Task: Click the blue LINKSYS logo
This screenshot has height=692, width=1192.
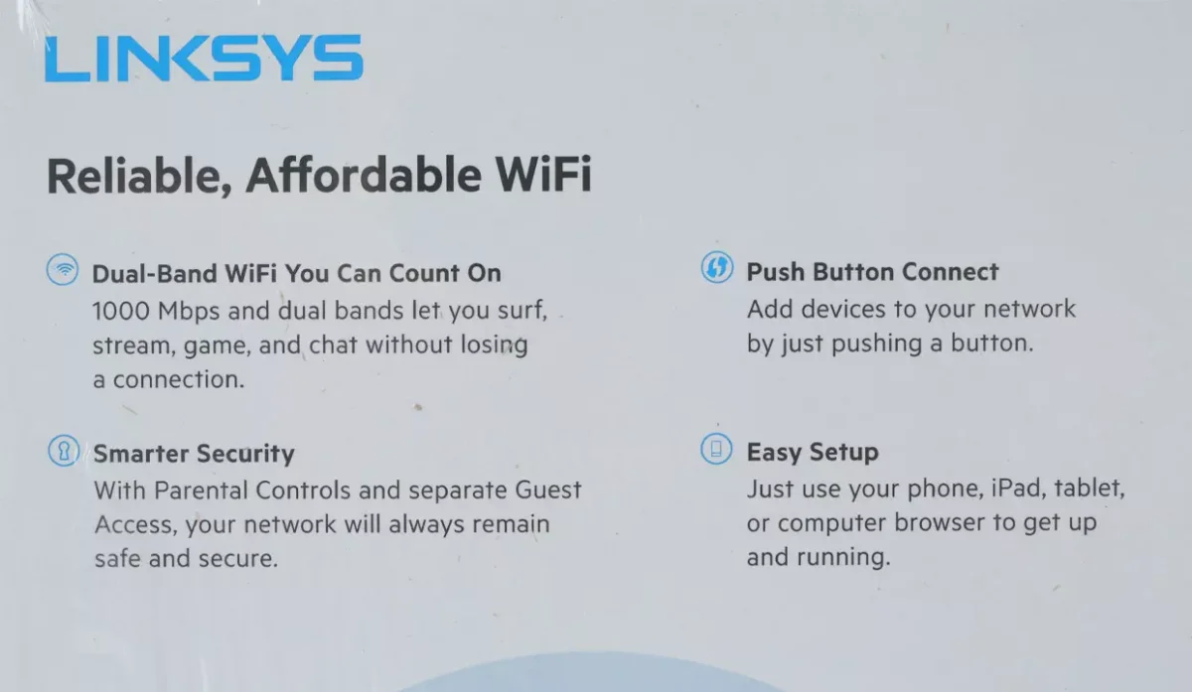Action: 204,58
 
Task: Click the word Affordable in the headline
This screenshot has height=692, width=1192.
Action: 364,175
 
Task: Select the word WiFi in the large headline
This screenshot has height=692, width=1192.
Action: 543,174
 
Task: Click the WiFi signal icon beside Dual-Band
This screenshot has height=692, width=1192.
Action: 63,269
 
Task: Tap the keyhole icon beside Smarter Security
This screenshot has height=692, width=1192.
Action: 64,451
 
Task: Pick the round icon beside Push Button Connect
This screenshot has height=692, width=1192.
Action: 717,267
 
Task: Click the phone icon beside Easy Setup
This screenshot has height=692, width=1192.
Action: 716,449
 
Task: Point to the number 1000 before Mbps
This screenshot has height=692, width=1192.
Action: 121,311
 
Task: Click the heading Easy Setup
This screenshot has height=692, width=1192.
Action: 813,453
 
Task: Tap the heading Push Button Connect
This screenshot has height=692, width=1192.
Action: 873,272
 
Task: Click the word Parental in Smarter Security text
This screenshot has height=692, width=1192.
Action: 201,489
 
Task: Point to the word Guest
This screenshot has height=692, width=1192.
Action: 548,489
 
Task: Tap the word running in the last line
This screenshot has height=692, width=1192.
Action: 843,557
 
